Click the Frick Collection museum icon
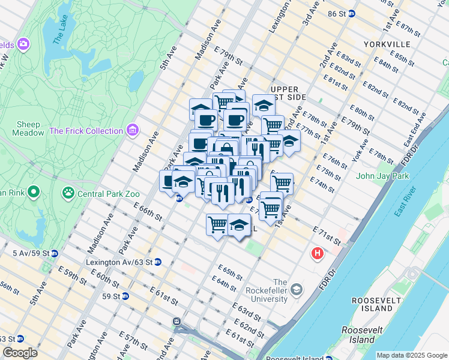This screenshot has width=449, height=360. [x=133, y=130]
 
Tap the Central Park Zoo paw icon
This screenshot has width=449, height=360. [x=68, y=193]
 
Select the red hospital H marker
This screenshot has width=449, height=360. [x=317, y=254]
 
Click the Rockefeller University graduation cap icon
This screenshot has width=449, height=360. [x=297, y=290]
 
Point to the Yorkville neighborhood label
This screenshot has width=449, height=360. [x=387, y=44]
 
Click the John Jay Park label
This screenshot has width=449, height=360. [x=382, y=176]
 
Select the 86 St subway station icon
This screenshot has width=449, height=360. [x=351, y=13]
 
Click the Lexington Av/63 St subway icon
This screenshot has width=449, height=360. [x=157, y=262]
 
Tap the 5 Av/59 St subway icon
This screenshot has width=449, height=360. [x=54, y=253]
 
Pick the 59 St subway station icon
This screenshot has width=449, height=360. [x=125, y=296]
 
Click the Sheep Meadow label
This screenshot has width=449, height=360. [x=30, y=128]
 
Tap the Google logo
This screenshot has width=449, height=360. [x=20, y=353]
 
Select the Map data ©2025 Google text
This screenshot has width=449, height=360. [x=412, y=355]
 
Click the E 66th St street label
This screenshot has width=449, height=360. [x=149, y=212]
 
